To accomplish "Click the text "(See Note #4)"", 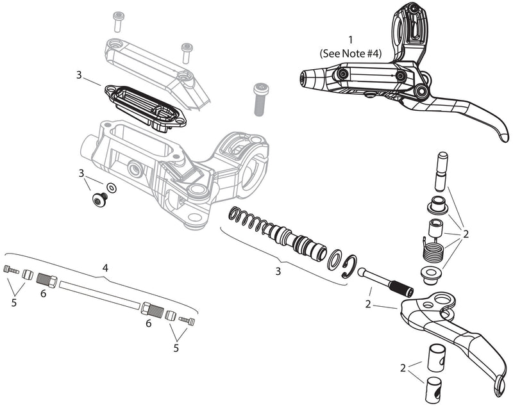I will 350,54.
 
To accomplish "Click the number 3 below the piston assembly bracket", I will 278,271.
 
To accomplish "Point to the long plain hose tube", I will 99,295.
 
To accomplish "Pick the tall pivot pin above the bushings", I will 440,170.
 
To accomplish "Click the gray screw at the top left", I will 117,21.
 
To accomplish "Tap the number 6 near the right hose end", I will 148,324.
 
